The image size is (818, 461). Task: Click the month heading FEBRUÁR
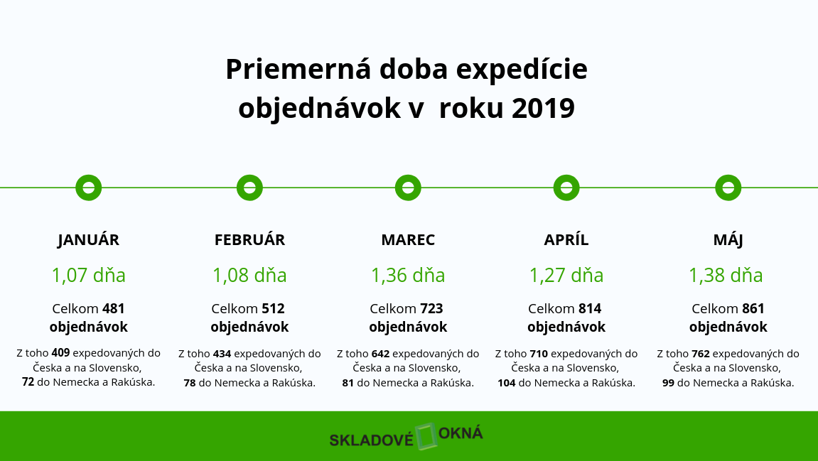click(x=250, y=240)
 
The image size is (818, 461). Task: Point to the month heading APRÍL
click(x=566, y=240)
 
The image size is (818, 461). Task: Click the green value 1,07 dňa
click(x=89, y=276)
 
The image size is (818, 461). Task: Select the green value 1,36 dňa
click(x=408, y=276)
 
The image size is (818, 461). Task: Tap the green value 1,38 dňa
click(x=726, y=276)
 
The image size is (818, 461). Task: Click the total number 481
click(x=113, y=309)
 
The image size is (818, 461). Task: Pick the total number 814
click(x=590, y=309)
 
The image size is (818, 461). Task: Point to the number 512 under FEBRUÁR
click(x=273, y=309)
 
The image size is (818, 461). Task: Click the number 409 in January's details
click(x=60, y=353)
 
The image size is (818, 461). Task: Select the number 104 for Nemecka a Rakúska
click(x=507, y=383)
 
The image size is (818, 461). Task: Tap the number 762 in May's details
click(x=701, y=354)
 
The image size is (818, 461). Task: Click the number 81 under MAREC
click(x=348, y=383)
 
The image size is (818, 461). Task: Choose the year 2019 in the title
click(x=543, y=109)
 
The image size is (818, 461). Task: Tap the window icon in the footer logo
click(x=426, y=436)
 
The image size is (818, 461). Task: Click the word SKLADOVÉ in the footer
click(x=371, y=440)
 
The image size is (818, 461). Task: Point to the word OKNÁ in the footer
click(x=461, y=434)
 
